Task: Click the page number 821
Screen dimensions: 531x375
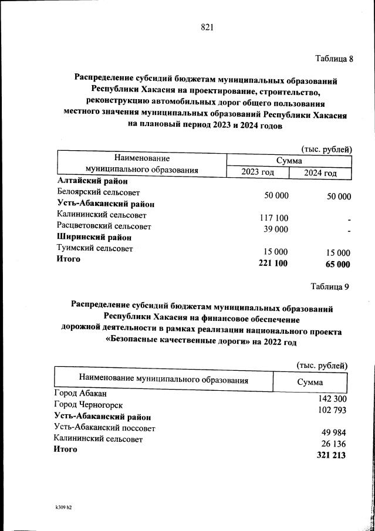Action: pos(207,28)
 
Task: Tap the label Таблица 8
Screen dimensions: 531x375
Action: pos(335,59)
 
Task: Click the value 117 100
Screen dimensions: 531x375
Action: pos(273,218)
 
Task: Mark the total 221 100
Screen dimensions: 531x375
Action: pos(273,263)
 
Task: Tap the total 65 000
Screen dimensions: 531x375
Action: pos(337,265)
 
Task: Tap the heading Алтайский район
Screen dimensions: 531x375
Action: pos(92,182)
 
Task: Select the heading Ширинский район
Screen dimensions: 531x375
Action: pos(94,237)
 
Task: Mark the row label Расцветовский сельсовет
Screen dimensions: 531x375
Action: pos(104,226)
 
